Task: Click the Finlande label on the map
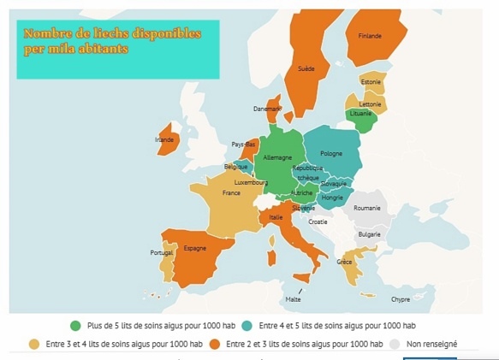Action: coord(370,36)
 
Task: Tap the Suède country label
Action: coord(306,68)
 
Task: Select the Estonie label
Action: coord(371,82)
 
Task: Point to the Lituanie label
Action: coord(361,114)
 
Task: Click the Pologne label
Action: coord(331,154)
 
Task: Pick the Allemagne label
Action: coord(277,157)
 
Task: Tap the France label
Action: coord(231,193)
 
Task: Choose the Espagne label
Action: coord(195,248)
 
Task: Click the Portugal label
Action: coord(162,253)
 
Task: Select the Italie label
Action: coord(276,217)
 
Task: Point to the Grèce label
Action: coord(344,262)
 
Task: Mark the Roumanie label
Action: coord(367,208)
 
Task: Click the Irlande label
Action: coord(164,139)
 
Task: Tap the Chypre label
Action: coord(401,299)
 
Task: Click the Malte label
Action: coord(294,299)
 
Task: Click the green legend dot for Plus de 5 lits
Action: coord(76,326)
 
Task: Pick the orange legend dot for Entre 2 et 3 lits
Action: coord(215,344)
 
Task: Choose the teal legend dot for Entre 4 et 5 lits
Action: coord(247,326)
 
